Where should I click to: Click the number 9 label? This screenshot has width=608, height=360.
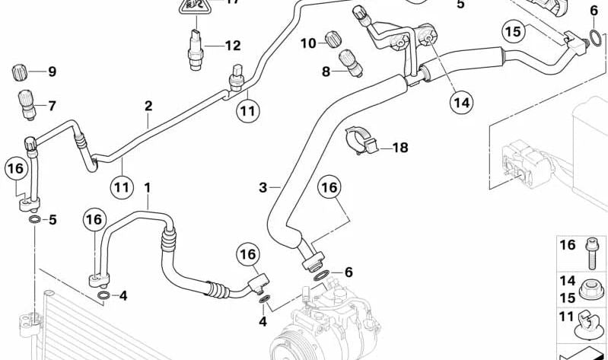click(x=53, y=72)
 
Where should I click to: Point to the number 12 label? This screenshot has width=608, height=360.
click(x=232, y=46)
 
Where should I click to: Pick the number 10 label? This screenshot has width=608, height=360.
click(x=307, y=43)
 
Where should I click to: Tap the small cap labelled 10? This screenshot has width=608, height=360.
click(x=333, y=38)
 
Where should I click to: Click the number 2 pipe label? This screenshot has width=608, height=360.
click(x=148, y=106)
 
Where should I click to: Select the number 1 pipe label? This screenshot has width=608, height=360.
click(x=148, y=187)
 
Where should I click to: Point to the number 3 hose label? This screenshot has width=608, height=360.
click(x=263, y=188)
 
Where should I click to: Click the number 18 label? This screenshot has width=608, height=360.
click(x=400, y=148)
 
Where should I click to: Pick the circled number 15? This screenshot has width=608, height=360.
click(x=514, y=32)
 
